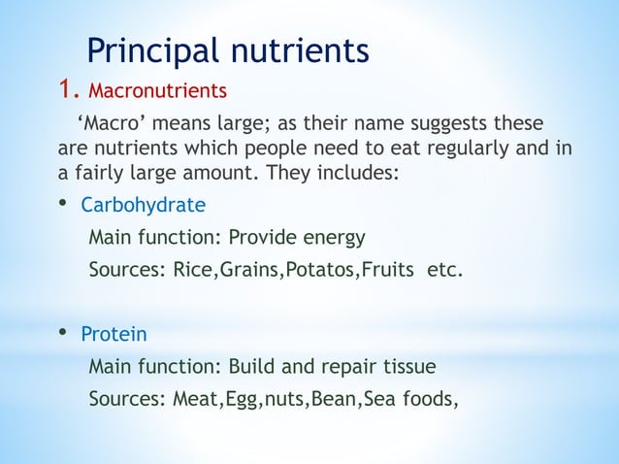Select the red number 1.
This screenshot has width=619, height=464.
tap(66, 91)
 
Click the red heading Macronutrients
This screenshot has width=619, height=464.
tap(157, 92)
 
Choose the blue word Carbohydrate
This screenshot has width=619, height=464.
tap(143, 205)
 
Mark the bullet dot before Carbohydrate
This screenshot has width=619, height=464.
tap(62, 204)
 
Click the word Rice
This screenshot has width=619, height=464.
tap(194, 269)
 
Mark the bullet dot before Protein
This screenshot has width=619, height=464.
tap(62, 333)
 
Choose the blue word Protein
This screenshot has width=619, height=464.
tap(114, 335)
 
